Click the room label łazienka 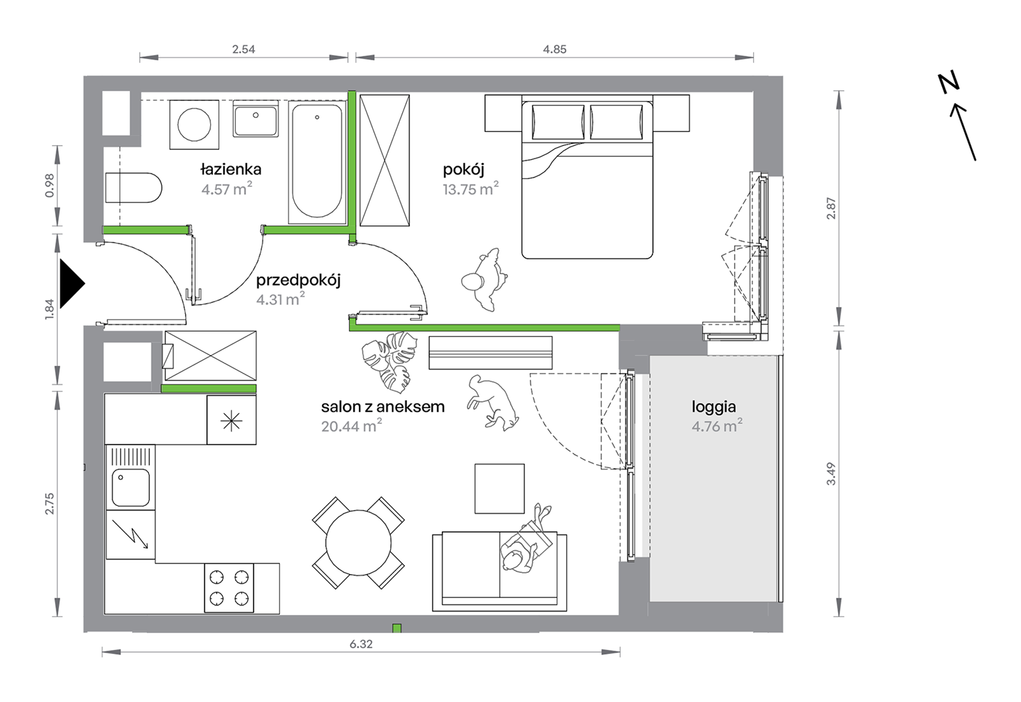coord(231,169)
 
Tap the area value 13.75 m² coord(471,189)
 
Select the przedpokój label coord(298,281)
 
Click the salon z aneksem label coord(383,407)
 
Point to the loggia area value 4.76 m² coord(717,426)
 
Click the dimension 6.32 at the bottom coord(361,644)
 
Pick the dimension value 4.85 coord(555,49)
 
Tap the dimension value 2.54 coord(243,49)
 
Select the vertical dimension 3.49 coord(831,474)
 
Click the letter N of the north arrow coord(948,83)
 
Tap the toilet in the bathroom coord(133,188)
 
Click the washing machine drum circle coord(194,124)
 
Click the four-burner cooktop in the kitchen coord(229,588)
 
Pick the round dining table coord(358,542)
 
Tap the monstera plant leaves coord(390,361)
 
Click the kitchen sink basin coord(131,488)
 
